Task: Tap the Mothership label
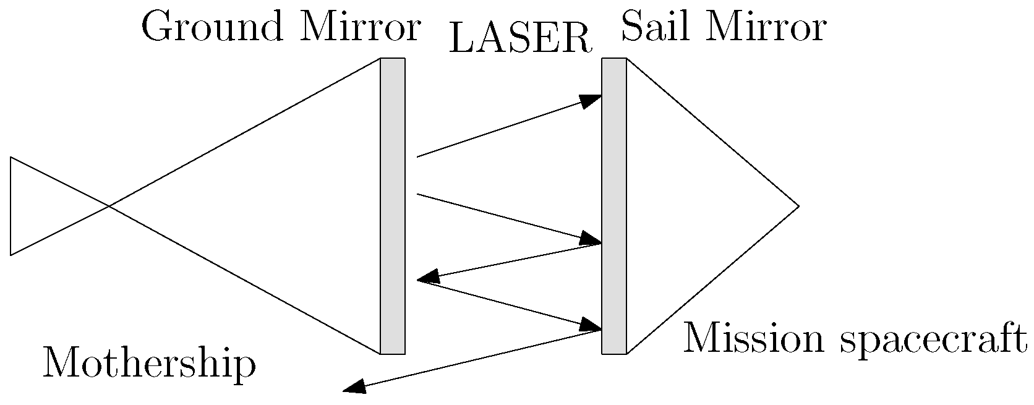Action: (x=149, y=364)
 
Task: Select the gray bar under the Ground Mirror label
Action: (x=392, y=206)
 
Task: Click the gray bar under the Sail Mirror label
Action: (x=614, y=206)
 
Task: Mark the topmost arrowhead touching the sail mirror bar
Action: (x=591, y=100)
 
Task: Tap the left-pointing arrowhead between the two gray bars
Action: (x=428, y=277)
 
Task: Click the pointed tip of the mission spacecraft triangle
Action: (x=798, y=205)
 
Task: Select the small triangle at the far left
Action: (x=43, y=206)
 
